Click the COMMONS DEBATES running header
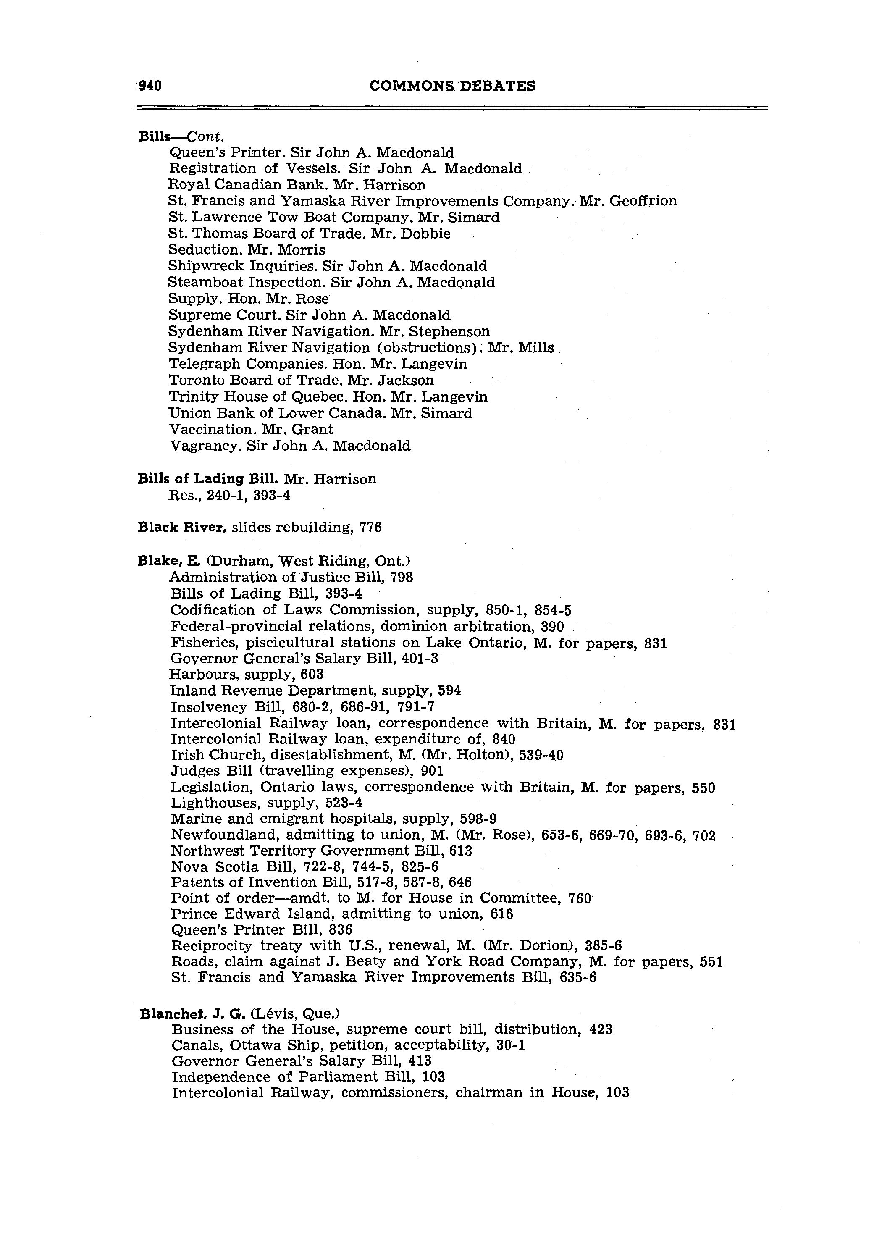(x=452, y=86)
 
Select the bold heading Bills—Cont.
(x=181, y=136)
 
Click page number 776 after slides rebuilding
(x=370, y=528)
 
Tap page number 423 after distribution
(x=601, y=1029)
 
